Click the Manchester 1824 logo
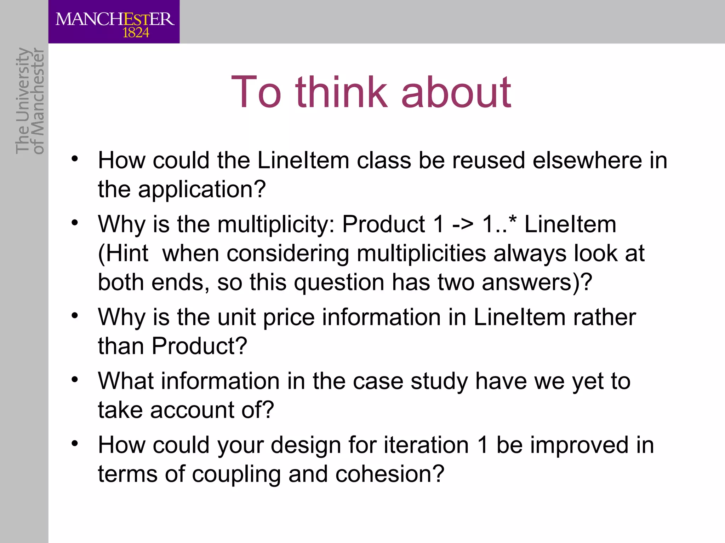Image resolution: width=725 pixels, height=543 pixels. click(x=114, y=22)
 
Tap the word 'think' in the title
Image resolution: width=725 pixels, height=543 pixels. click(x=341, y=93)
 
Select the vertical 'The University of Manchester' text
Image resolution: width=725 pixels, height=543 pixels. click(x=30, y=101)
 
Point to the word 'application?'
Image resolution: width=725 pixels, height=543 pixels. click(x=202, y=190)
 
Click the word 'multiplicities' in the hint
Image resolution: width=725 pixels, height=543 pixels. click(x=421, y=254)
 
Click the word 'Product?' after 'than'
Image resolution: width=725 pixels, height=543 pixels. click(x=199, y=346)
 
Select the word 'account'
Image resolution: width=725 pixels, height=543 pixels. click(x=192, y=410)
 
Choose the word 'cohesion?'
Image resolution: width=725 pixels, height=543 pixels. click(x=389, y=474)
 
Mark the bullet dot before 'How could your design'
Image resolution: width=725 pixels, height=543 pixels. click(x=74, y=444)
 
